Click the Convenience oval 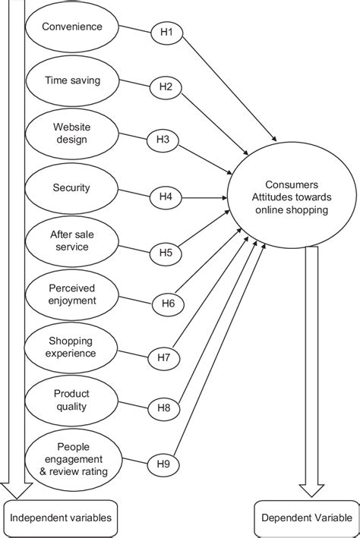(72, 27)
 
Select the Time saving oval (72, 80)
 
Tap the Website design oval (71, 134)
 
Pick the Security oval (71, 187)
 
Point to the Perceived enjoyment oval (71, 294)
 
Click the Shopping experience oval (71, 347)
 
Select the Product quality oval (71, 400)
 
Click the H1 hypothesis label (166, 33)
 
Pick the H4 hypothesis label (166, 197)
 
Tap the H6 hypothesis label (169, 304)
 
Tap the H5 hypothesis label (166, 251)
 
